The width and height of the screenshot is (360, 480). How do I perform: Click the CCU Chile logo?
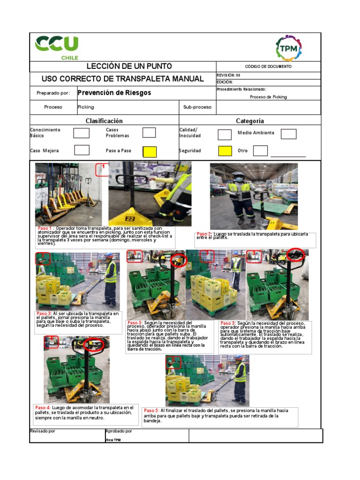tap(56, 47)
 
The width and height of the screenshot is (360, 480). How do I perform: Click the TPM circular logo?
tap(288, 48)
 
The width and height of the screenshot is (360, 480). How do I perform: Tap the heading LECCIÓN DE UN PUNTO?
tap(122, 67)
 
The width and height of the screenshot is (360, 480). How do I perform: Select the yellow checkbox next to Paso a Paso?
tap(149, 151)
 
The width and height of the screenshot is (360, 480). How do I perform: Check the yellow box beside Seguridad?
tap(225, 151)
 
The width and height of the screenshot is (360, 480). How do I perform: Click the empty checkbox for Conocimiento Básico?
tap(81, 133)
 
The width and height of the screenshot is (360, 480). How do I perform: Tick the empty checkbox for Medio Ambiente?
tap(288, 134)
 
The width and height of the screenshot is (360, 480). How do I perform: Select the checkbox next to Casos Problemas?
tap(149, 133)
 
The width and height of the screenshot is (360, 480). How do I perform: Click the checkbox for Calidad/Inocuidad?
tap(225, 135)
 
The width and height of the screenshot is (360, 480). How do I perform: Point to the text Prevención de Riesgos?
tap(114, 93)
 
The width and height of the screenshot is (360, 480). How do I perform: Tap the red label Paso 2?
tap(204, 234)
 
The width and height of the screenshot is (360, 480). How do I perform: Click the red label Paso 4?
tap(43, 407)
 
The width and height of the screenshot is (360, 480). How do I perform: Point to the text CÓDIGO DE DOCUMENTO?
tap(268, 67)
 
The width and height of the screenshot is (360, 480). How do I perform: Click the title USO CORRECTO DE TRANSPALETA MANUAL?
tap(122, 79)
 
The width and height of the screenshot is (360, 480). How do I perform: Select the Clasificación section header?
tap(104, 121)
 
